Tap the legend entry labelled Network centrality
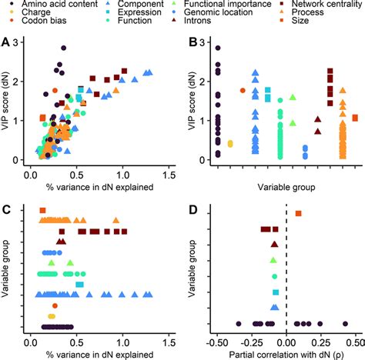point(312,5)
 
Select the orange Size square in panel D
point(298,213)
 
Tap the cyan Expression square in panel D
point(275,292)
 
